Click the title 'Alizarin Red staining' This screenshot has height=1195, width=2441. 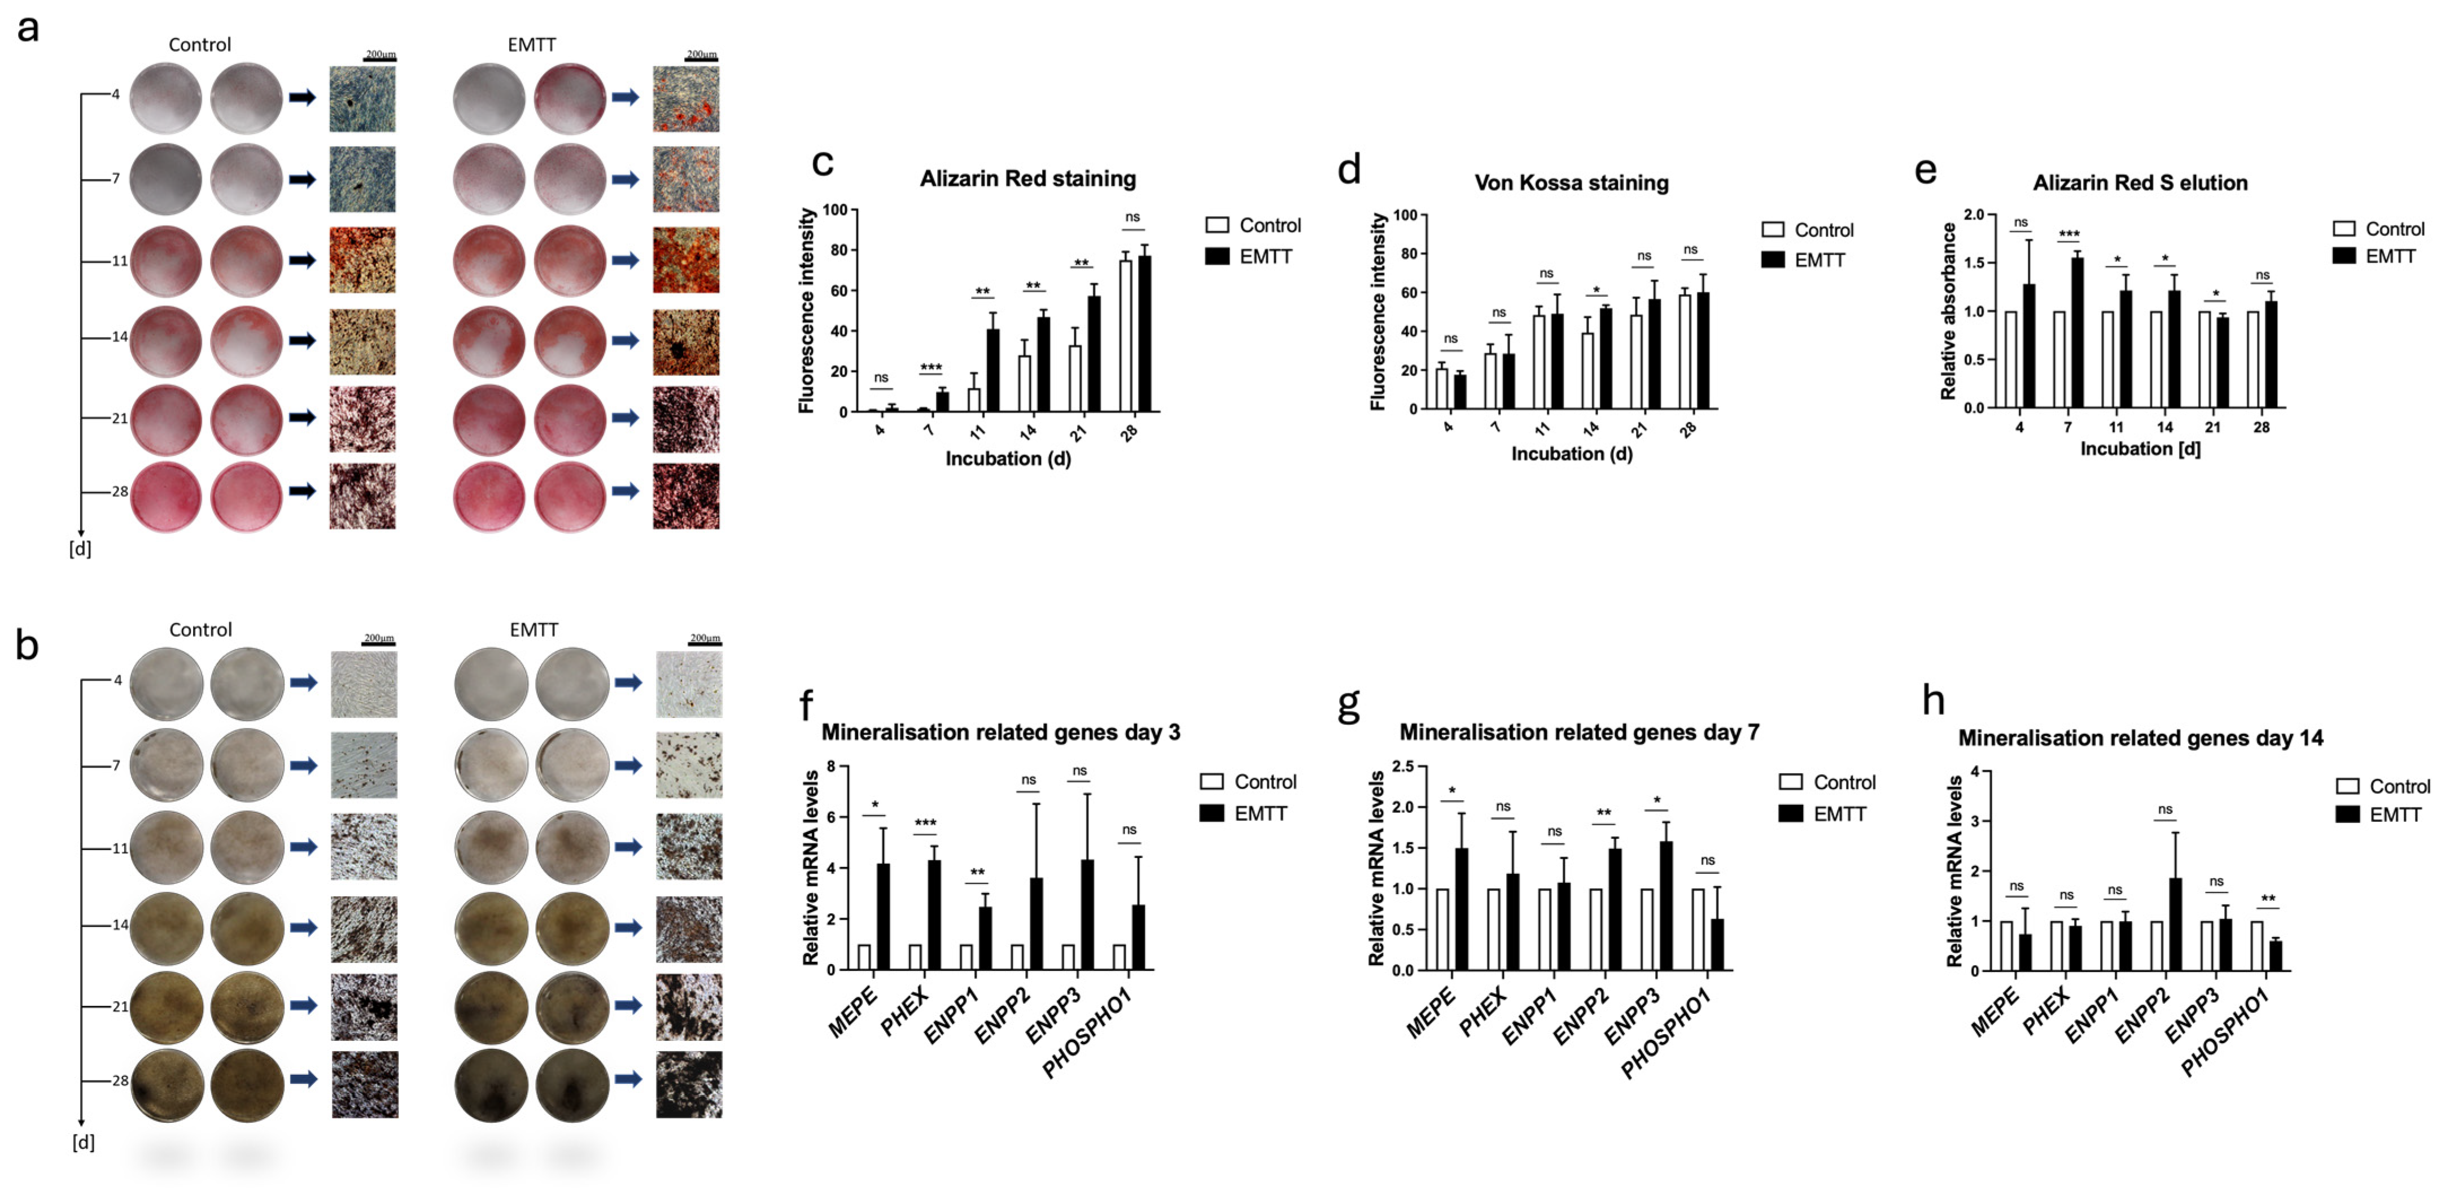1027,178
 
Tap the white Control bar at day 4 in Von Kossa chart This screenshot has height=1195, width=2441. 1441,388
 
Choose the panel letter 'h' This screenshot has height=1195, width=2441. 1933,701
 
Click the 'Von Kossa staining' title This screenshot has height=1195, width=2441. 1571,183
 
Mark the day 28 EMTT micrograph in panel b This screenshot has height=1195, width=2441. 689,1084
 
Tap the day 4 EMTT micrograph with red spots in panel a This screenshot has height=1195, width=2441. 686,99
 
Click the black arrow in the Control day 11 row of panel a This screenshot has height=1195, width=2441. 302,260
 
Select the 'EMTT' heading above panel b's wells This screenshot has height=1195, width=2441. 533,629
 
